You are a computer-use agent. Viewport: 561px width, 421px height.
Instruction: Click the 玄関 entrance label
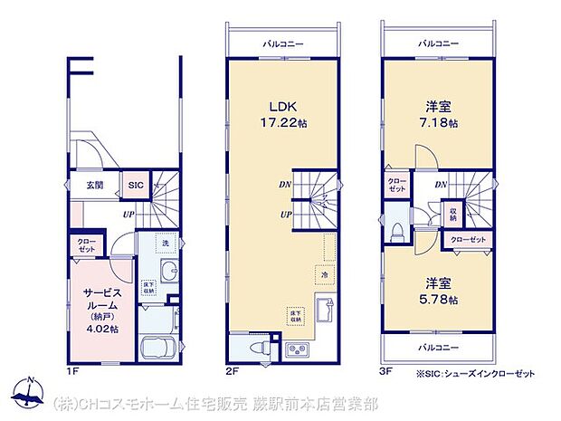click(94, 185)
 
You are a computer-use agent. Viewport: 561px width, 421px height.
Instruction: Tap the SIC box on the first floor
click(136, 185)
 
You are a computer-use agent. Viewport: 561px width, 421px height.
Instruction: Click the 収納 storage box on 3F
click(452, 214)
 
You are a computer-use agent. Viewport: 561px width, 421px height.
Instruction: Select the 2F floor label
click(233, 370)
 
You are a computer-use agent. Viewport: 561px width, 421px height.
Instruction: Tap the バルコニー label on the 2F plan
click(284, 43)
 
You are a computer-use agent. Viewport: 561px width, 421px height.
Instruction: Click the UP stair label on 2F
click(286, 215)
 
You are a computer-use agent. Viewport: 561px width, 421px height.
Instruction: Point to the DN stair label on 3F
click(441, 186)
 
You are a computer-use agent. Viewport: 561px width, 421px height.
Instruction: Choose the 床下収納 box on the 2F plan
click(295, 314)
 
